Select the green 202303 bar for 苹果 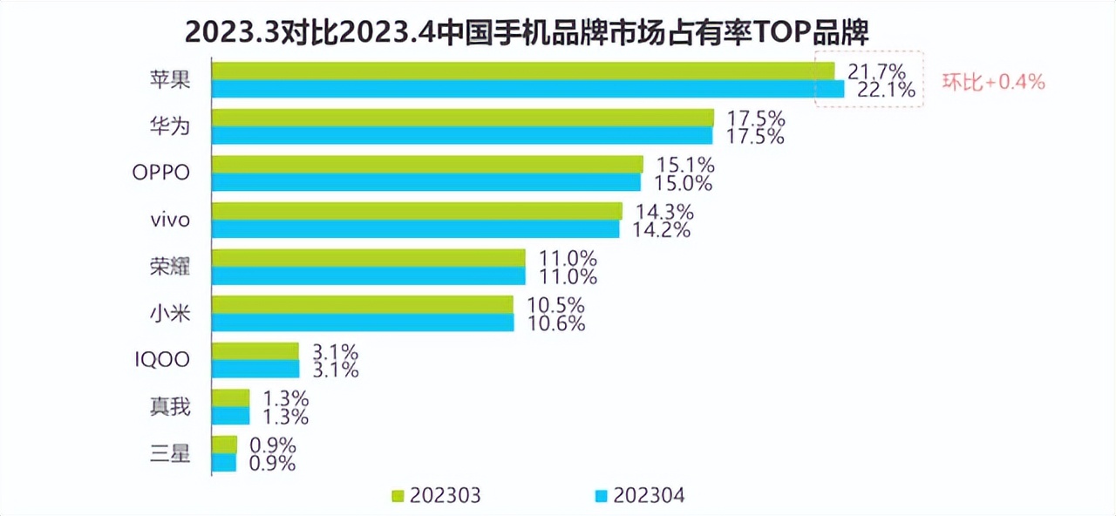pos(523,71)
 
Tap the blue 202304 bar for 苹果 pos(528,89)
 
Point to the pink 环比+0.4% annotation pos(993,83)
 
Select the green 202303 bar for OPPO pos(428,165)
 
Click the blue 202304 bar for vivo pos(416,229)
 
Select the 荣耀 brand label pos(169,267)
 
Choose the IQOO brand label pos(162,359)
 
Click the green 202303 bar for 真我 pos(231,397)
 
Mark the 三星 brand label pos(169,453)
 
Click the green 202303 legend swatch pos(398,497)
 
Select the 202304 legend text pos(649,496)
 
